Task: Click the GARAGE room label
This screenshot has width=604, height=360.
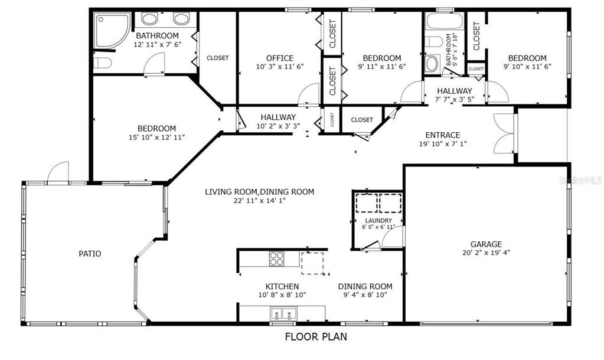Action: click(x=486, y=244)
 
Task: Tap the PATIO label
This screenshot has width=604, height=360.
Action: click(x=90, y=254)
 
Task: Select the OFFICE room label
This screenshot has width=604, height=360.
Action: click(x=280, y=58)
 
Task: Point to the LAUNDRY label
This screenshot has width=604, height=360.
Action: click(x=378, y=221)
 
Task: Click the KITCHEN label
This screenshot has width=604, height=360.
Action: click(x=282, y=286)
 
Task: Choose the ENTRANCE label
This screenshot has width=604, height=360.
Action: click(x=443, y=135)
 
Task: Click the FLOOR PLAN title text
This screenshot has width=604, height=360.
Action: click(x=316, y=336)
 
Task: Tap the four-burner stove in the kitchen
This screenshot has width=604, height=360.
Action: click(x=276, y=258)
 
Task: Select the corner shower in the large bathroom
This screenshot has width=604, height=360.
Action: click(x=112, y=31)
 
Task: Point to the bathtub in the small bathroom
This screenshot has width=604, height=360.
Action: click(x=444, y=21)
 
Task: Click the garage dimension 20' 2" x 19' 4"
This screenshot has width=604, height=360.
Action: click(x=486, y=253)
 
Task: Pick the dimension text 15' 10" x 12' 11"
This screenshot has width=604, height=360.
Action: click(x=157, y=138)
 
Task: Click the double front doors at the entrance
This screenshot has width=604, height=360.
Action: click(x=504, y=134)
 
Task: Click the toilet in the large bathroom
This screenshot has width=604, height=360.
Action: click(x=103, y=63)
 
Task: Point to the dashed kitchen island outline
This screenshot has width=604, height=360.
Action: click(x=312, y=263)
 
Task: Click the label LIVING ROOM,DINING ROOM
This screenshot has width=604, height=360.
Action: click(x=260, y=192)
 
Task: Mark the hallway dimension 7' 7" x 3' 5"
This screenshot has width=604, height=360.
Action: click(x=455, y=99)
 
